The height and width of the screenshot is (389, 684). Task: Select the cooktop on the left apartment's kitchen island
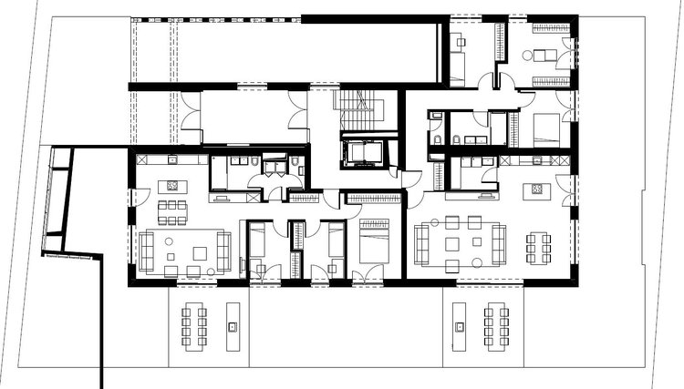point(170,186)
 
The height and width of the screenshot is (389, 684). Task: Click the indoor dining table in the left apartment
point(170,213)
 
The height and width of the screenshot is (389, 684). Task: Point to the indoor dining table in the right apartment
point(538,246)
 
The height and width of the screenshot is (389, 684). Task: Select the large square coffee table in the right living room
point(453,244)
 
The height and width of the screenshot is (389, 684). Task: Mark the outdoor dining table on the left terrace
point(193,322)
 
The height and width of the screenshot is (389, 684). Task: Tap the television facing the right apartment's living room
point(487,194)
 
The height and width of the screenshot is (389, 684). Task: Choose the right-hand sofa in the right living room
point(498,243)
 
